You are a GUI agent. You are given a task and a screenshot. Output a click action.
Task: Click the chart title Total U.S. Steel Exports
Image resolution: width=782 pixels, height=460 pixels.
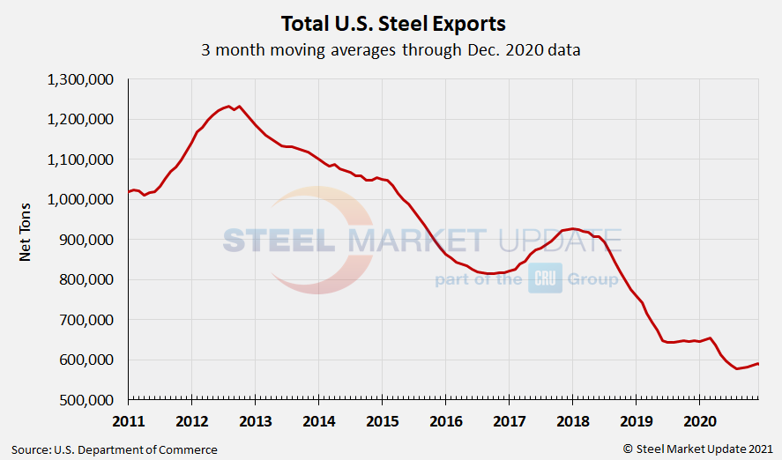392,22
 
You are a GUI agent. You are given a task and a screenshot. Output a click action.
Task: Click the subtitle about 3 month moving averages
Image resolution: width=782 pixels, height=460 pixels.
391,49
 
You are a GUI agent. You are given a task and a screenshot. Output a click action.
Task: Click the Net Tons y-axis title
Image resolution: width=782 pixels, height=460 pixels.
26,239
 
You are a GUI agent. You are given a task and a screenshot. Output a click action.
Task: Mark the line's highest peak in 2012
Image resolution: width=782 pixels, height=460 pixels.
229,106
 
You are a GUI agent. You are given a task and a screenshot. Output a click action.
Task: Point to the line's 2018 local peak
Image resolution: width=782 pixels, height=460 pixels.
572,228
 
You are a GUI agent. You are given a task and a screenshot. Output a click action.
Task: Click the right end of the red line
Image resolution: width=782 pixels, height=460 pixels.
758,364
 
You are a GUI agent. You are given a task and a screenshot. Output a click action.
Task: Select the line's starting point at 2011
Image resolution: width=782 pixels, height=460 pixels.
130,191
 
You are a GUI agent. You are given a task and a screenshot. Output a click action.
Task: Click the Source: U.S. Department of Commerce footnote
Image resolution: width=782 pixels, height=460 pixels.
115,449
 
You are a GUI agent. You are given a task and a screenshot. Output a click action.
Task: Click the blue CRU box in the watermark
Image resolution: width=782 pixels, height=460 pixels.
545,280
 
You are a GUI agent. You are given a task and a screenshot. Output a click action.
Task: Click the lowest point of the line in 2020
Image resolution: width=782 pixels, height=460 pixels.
737,368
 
